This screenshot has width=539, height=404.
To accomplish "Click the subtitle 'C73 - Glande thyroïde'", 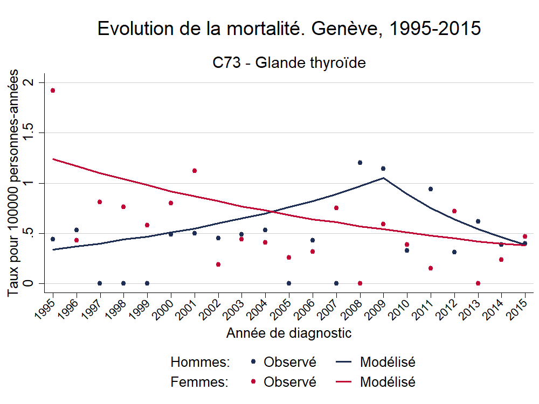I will coord(289,63).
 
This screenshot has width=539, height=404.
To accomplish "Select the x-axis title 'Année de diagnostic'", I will coord(289,333).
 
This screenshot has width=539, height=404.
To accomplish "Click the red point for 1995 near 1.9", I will coord(53,90).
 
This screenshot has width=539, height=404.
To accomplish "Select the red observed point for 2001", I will coord(195,171).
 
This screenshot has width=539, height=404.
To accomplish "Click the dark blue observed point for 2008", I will coord(360,163).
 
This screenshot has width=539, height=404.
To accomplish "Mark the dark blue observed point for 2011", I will coord(431,189).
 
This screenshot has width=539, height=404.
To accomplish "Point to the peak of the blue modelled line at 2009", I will coord(383,178).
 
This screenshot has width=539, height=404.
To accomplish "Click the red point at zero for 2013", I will coord(478,283).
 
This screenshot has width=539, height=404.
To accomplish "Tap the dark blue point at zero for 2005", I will coord(289,283).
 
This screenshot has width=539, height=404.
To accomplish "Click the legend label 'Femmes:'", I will coord(199,382).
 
